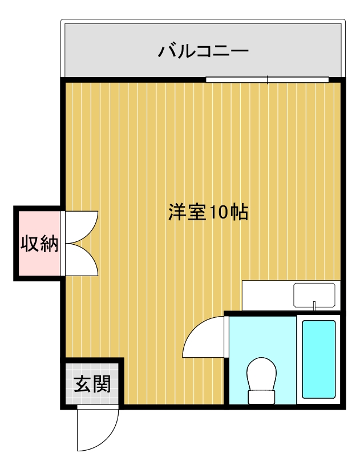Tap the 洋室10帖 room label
point(208,212)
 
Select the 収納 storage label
point(39,244)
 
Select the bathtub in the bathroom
point(318,359)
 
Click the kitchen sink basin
point(314,294)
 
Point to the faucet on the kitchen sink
point(314,306)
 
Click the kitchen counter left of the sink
point(267,295)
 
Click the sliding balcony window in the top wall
point(267,80)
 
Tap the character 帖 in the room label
point(239,212)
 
